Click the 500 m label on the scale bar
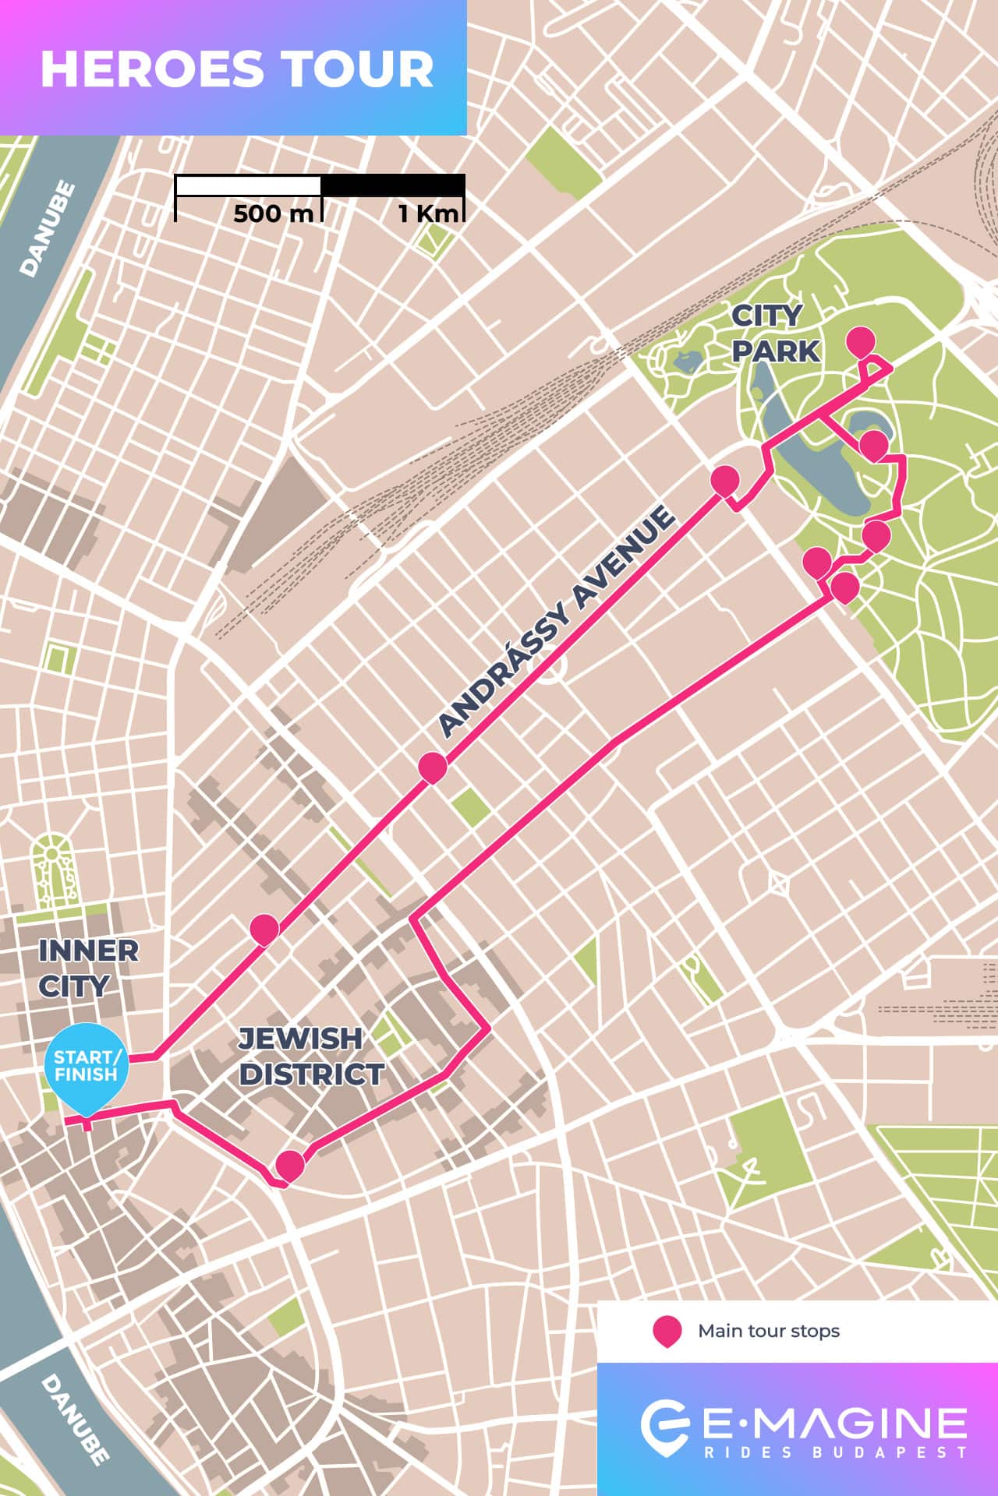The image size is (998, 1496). tap(272, 213)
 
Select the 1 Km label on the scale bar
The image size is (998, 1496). tap(428, 213)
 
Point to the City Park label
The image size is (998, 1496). tap(775, 333)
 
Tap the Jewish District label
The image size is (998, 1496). tap(310, 1056)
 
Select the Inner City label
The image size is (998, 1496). tap(88, 968)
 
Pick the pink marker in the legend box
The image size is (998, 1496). tap(667, 1331)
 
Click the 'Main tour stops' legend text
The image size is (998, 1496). tap(768, 1331)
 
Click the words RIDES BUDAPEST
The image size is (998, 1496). tap(834, 1452)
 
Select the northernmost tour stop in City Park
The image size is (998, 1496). tap(861, 340)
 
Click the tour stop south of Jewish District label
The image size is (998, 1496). tap(290, 1165)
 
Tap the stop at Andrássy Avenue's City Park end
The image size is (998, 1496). tap(724, 480)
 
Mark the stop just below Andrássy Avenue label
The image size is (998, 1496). tap(433, 766)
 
